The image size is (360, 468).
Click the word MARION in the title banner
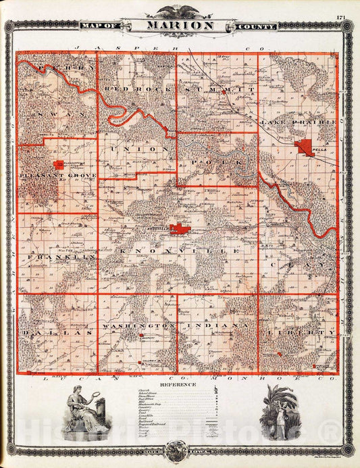pos(179,26)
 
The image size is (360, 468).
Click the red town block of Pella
pos(305,148)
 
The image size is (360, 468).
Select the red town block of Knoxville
pos(179,229)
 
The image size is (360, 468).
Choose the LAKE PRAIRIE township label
pos(298,122)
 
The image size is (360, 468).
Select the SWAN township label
pos(57,115)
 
